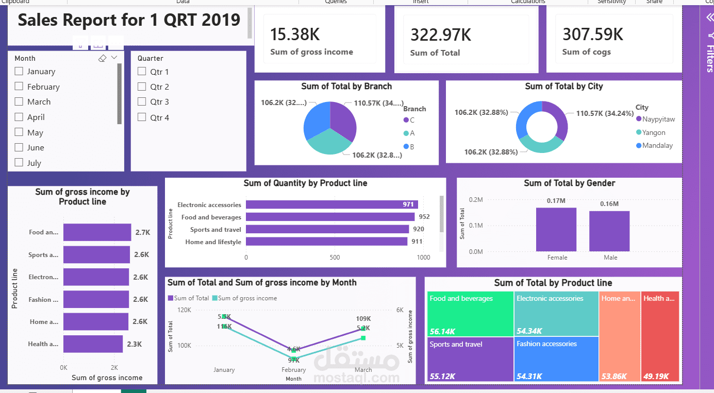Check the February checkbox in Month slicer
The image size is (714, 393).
[19, 87]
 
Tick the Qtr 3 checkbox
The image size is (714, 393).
[142, 102]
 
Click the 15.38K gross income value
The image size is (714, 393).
[295, 35]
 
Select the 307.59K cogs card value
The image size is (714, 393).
[592, 35]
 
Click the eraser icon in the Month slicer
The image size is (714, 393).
[102, 58]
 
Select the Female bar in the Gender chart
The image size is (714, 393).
[556, 229]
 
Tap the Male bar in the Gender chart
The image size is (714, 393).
[609, 231]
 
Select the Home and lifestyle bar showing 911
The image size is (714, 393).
[326, 242]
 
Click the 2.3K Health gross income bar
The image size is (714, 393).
[93, 344]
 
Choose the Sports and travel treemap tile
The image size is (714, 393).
[470, 358]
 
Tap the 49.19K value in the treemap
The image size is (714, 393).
[656, 377]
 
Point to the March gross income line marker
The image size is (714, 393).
[363, 338]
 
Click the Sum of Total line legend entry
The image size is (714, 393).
[189, 298]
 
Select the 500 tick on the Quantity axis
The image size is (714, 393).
[335, 258]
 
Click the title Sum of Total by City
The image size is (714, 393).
[563, 87]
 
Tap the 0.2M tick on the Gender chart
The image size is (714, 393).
[476, 200]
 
